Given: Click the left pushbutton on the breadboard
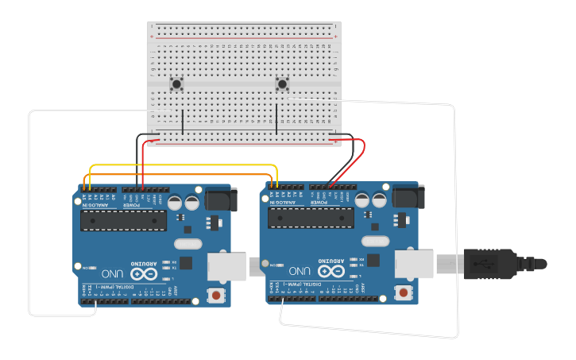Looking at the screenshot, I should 176,83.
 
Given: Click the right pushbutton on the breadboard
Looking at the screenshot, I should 281,83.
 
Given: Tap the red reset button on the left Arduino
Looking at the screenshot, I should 215,296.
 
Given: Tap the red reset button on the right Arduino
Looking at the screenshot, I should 404,293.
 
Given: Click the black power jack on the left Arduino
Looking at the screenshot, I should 222,199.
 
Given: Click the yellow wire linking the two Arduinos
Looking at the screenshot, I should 183,166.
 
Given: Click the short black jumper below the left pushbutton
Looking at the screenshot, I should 183,121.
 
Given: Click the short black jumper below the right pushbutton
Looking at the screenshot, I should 276,119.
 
